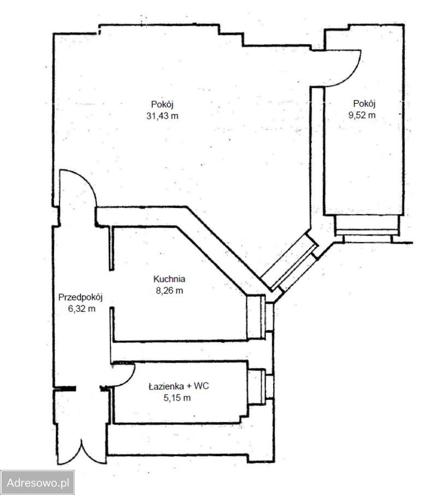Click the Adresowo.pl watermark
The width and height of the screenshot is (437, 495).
coord(38,482)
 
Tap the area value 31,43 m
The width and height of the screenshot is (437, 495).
coord(162,116)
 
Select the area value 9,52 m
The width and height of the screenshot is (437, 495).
coord(362,115)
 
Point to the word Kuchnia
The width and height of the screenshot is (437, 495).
coord(169,279)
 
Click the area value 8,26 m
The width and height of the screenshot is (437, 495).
coord(169,291)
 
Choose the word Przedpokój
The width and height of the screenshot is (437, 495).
coord(80,297)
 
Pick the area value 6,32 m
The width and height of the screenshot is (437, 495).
coord(82,309)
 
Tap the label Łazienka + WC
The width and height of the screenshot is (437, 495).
coord(179,386)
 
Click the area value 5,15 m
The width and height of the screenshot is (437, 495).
coord(177,398)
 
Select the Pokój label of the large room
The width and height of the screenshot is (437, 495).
coord(162,104)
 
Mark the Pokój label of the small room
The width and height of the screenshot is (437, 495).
coord(364,104)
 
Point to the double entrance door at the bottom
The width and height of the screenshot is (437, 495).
coord(81,453)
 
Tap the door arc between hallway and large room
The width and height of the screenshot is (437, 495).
coord(88,181)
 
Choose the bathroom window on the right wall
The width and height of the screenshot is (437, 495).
coord(261,387)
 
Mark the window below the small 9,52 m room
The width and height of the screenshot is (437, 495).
coord(365,229)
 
